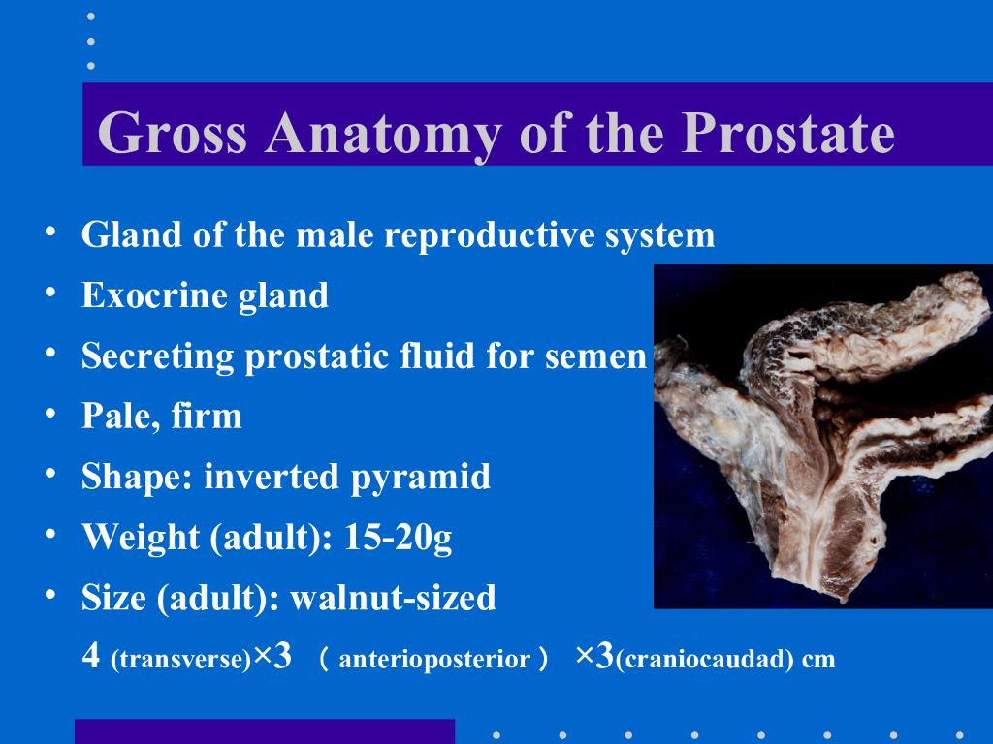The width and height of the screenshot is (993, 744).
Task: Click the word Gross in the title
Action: point(173,133)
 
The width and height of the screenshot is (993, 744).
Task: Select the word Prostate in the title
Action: point(787,133)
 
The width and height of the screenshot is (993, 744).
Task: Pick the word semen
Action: point(596,357)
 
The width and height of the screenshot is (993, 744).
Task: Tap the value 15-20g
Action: point(398,539)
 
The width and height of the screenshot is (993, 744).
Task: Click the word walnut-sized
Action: point(393,597)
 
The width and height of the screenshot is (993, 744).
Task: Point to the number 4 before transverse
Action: point(90,656)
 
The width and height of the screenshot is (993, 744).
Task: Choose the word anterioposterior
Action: point(434,660)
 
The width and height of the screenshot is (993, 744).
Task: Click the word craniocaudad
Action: point(704,660)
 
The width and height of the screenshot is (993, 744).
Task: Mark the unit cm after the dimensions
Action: point(818,660)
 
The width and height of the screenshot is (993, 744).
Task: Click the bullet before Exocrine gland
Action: point(50,293)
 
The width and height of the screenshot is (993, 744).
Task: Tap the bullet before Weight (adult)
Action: point(50,534)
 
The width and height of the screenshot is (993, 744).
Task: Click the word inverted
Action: point(272,477)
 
